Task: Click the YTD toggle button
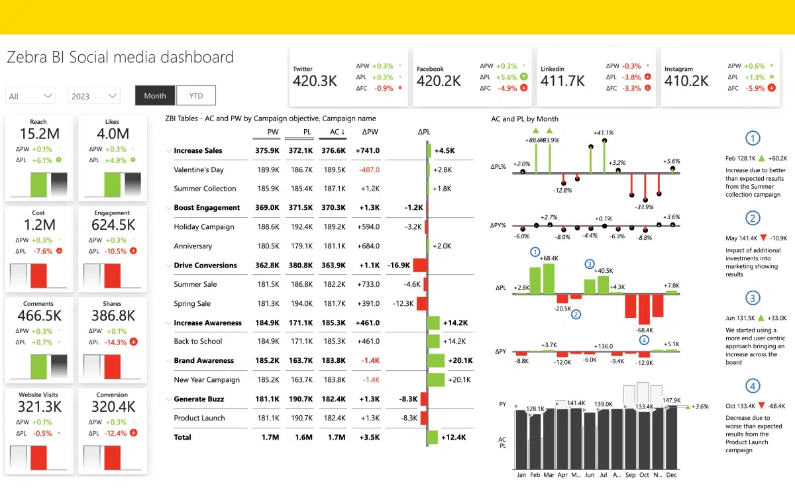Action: (196, 95)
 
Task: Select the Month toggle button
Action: (155, 95)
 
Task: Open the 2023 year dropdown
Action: (94, 96)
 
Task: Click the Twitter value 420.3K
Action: (315, 81)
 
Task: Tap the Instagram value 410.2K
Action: (686, 81)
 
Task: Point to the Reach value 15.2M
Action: (38, 134)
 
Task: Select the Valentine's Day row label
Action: (199, 170)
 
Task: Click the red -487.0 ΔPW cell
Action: (369, 170)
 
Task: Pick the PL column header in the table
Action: (307, 132)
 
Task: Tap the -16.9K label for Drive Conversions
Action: (399, 265)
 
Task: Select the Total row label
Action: (182, 437)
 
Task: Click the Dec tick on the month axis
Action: (672, 475)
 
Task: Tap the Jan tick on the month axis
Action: (521, 475)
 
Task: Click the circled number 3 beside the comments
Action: (753, 298)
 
